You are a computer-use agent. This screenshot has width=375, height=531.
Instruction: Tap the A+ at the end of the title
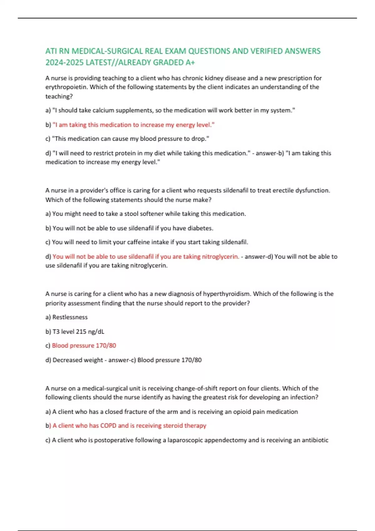click(x=190, y=62)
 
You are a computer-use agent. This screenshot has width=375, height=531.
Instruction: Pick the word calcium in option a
click(x=105, y=110)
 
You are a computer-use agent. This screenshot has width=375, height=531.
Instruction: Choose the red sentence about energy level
click(x=133, y=125)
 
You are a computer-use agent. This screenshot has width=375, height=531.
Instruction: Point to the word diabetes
click(x=200, y=228)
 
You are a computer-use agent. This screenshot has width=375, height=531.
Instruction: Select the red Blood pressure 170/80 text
click(x=84, y=346)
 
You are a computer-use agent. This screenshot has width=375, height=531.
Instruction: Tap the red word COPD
click(x=108, y=426)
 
